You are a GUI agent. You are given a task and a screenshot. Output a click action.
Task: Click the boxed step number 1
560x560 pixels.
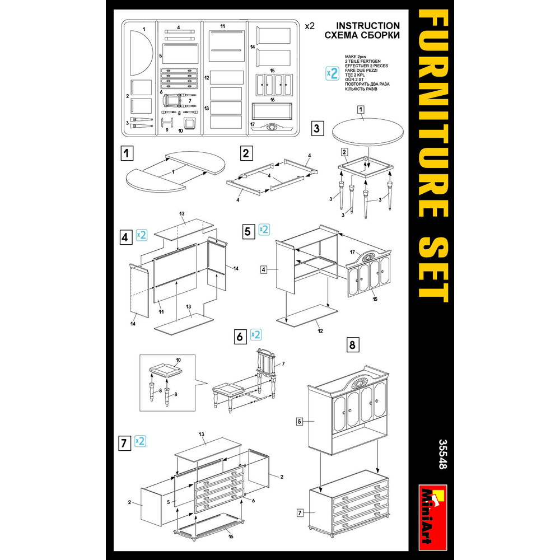pyautogui.click(x=127, y=153)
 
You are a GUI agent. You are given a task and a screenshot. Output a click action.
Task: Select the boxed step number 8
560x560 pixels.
pyautogui.click(x=352, y=344)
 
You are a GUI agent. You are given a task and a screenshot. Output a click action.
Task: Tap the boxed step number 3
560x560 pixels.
pyautogui.click(x=317, y=128)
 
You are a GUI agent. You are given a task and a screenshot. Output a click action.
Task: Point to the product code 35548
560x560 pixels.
pyautogui.click(x=442, y=454)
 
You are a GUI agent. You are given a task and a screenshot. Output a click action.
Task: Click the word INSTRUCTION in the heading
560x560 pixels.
pyautogui.click(x=368, y=26)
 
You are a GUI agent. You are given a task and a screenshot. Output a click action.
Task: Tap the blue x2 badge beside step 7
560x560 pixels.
pyautogui.click(x=141, y=441)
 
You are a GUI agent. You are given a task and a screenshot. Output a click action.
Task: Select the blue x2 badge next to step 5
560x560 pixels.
pyautogui.click(x=264, y=229)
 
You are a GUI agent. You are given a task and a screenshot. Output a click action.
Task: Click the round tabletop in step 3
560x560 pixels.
pyautogui.click(x=368, y=132)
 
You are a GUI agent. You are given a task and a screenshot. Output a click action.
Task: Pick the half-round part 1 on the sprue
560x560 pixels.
pyautogui.click(x=141, y=53)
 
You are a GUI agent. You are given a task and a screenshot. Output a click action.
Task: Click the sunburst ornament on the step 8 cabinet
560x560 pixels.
pyautogui.click(x=360, y=382)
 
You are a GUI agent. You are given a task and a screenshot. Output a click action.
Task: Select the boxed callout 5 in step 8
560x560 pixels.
pyautogui.click(x=300, y=422)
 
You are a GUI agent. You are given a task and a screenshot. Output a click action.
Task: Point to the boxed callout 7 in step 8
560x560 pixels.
pyautogui.click(x=300, y=513)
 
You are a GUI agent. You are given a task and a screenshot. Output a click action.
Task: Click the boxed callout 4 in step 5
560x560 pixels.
pyautogui.click(x=264, y=270)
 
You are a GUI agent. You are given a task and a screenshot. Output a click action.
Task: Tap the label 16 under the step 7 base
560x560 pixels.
pyautogui.click(x=231, y=536)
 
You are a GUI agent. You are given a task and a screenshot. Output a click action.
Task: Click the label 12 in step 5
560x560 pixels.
pyautogui.click(x=320, y=331)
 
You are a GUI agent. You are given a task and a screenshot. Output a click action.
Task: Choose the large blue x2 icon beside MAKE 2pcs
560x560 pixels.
pyautogui.click(x=332, y=73)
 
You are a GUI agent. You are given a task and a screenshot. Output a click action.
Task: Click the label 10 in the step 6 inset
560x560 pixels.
pyautogui.click(x=178, y=360)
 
